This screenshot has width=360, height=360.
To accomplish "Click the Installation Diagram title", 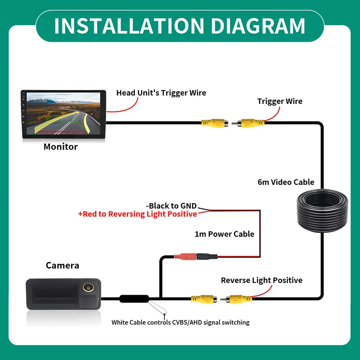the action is click(180, 26).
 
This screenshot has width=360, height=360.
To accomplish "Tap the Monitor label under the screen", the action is click(61, 147).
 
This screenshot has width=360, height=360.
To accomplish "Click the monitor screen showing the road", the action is click(63, 113).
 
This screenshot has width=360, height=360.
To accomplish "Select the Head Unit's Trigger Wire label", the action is click(161, 93).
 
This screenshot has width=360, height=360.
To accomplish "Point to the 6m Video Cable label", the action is click(286, 182).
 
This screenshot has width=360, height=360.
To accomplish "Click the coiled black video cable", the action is click(322, 211).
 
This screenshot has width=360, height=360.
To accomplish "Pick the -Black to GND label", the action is click(171, 206).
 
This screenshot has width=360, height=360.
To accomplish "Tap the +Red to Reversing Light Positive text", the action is click(138, 214).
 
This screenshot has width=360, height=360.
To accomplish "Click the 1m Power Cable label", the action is click(225, 234).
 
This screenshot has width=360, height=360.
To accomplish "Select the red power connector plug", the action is click(185, 256).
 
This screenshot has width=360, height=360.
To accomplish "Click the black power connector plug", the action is click(207, 256).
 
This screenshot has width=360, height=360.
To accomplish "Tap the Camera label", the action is click(63, 265).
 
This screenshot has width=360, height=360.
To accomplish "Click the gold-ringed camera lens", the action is click(87, 287).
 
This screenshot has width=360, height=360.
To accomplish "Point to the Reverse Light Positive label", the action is click(261, 280).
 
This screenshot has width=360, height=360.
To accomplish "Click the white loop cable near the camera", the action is click(157, 308).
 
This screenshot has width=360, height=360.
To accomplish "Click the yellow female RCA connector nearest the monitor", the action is click(215, 123).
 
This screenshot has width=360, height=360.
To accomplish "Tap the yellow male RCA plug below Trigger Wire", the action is click(248, 123).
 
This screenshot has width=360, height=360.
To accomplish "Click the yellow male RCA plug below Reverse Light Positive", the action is click(236, 299).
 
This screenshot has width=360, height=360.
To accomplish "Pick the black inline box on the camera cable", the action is click(134, 299).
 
